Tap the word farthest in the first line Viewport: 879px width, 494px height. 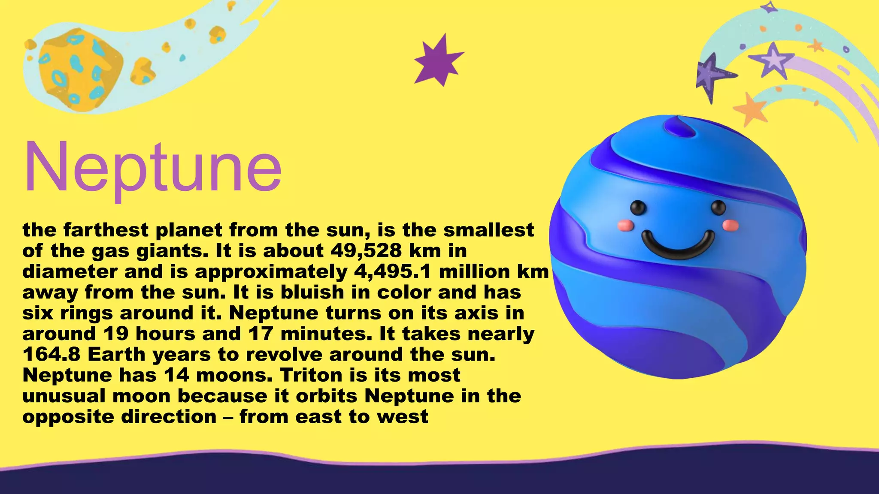click(106, 230)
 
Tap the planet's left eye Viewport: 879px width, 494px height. click(638, 208)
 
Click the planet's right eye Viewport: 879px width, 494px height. click(718, 208)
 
